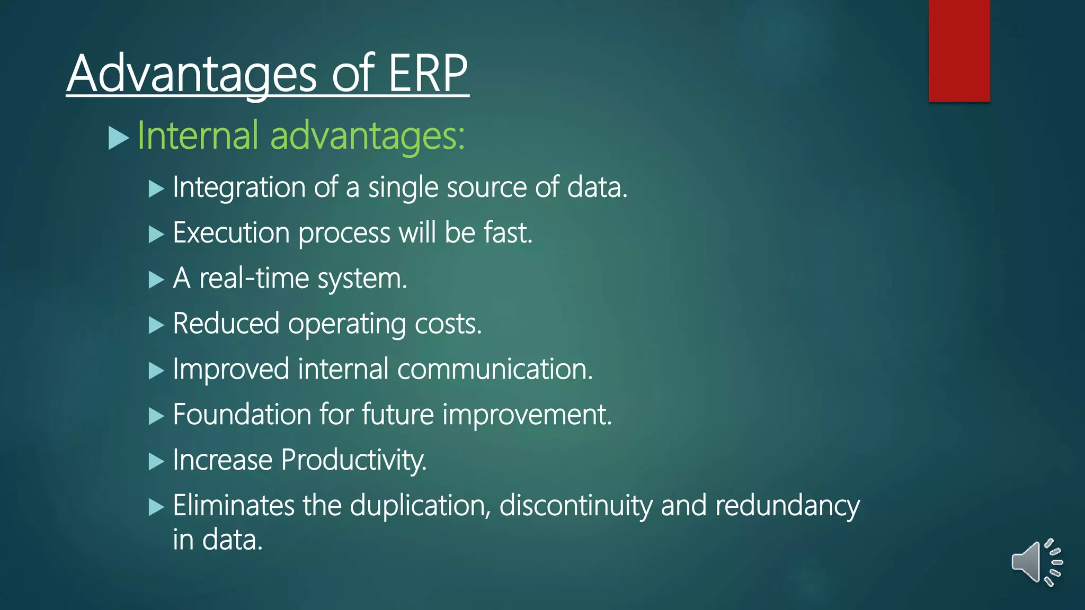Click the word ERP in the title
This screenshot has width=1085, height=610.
point(428,74)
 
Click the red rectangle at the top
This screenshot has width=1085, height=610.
point(959,50)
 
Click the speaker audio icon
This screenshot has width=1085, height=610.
point(1036,562)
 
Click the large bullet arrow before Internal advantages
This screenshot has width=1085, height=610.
point(119,138)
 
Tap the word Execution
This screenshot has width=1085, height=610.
point(231,233)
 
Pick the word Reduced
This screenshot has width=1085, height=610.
point(226,324)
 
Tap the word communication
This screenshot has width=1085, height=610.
point(494,369)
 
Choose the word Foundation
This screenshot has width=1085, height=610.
point(242,414)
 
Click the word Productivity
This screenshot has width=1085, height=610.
point(353,460)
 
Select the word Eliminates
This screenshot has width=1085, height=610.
point(233,505)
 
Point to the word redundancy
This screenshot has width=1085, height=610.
point(787,505)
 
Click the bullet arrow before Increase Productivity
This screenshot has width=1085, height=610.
point(156,461)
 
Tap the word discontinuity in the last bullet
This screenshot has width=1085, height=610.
point(575,505)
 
